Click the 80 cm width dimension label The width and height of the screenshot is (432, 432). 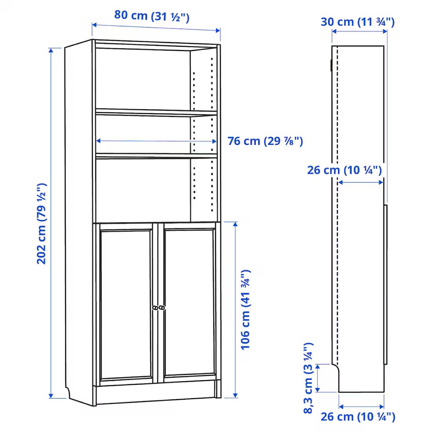152,16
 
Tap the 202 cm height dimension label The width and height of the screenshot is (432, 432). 41,224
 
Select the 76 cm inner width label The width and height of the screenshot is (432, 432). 265,141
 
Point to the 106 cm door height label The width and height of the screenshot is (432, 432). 245,310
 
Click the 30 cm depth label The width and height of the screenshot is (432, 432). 358,22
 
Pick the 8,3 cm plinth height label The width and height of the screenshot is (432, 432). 308,381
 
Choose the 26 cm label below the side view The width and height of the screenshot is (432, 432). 358,416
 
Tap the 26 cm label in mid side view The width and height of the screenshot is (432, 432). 344,170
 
